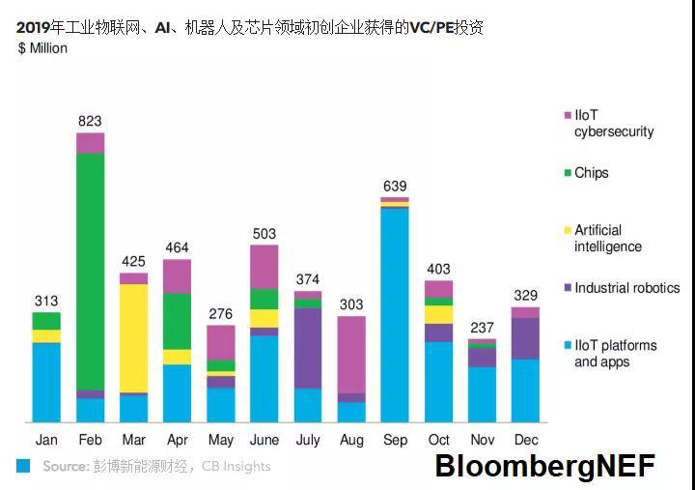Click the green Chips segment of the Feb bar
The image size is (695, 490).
point(91,271)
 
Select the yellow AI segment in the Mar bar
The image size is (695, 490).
point(134,337)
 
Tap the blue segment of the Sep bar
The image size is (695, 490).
point(395,314)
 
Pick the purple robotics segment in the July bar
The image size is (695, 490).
point(308,348)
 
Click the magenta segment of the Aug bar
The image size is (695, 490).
point(351,354)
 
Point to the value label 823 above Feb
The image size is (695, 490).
point(90,122)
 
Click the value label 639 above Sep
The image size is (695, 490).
point(395,187)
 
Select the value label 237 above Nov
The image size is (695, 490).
point(482,327)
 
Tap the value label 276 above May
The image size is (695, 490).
point(221,314)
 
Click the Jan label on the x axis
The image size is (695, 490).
point(46,441)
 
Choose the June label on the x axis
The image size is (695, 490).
point(264,441)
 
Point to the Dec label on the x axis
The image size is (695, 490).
point(525,441)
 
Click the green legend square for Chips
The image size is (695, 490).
point(568,174)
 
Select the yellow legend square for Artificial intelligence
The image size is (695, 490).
point(568,231)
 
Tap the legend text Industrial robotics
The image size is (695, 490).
point(626,288)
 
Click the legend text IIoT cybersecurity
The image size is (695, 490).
point(614,124)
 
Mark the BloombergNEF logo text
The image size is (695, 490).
point(544,466)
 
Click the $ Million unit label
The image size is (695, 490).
point(43,48)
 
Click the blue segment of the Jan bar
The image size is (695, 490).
point(46,382)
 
